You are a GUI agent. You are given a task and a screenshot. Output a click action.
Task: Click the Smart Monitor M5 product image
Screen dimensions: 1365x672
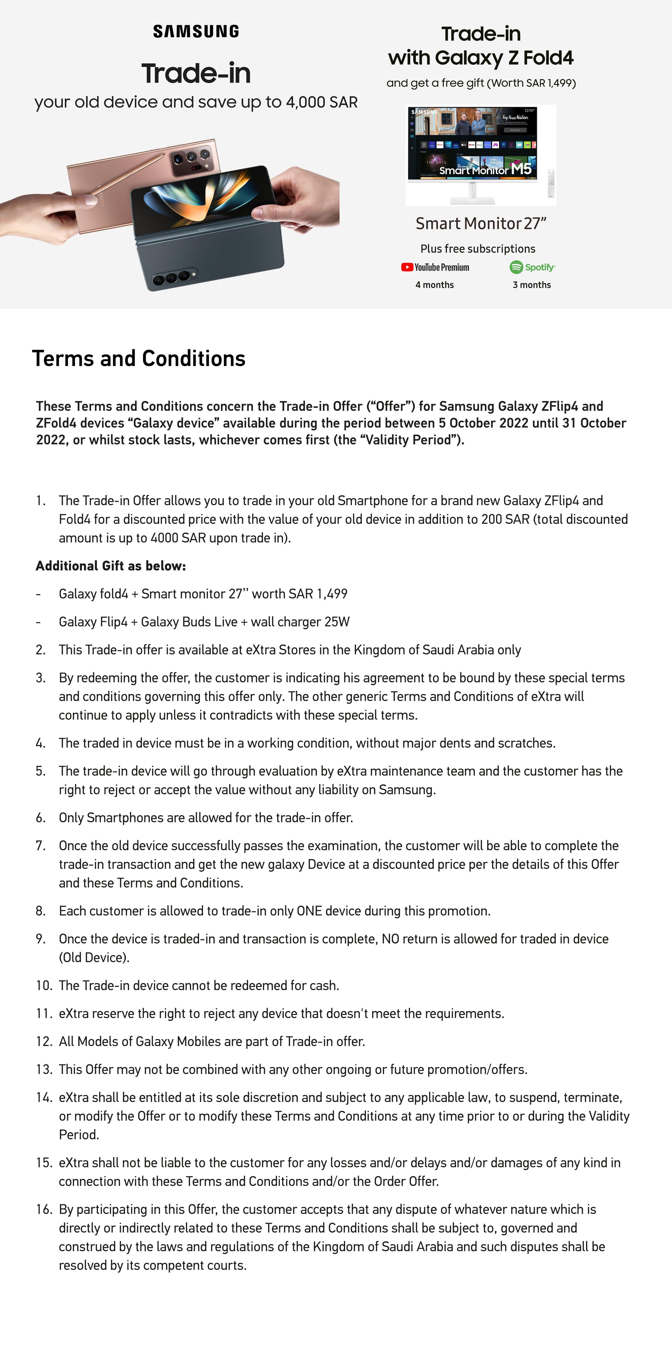click(472, 151)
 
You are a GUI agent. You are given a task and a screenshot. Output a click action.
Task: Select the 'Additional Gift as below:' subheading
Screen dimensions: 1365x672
click(111, 566)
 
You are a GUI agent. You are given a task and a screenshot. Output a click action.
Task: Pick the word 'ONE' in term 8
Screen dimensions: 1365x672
click(309, 911)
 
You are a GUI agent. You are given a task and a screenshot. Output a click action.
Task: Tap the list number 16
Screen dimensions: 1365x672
click(43, 1209)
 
